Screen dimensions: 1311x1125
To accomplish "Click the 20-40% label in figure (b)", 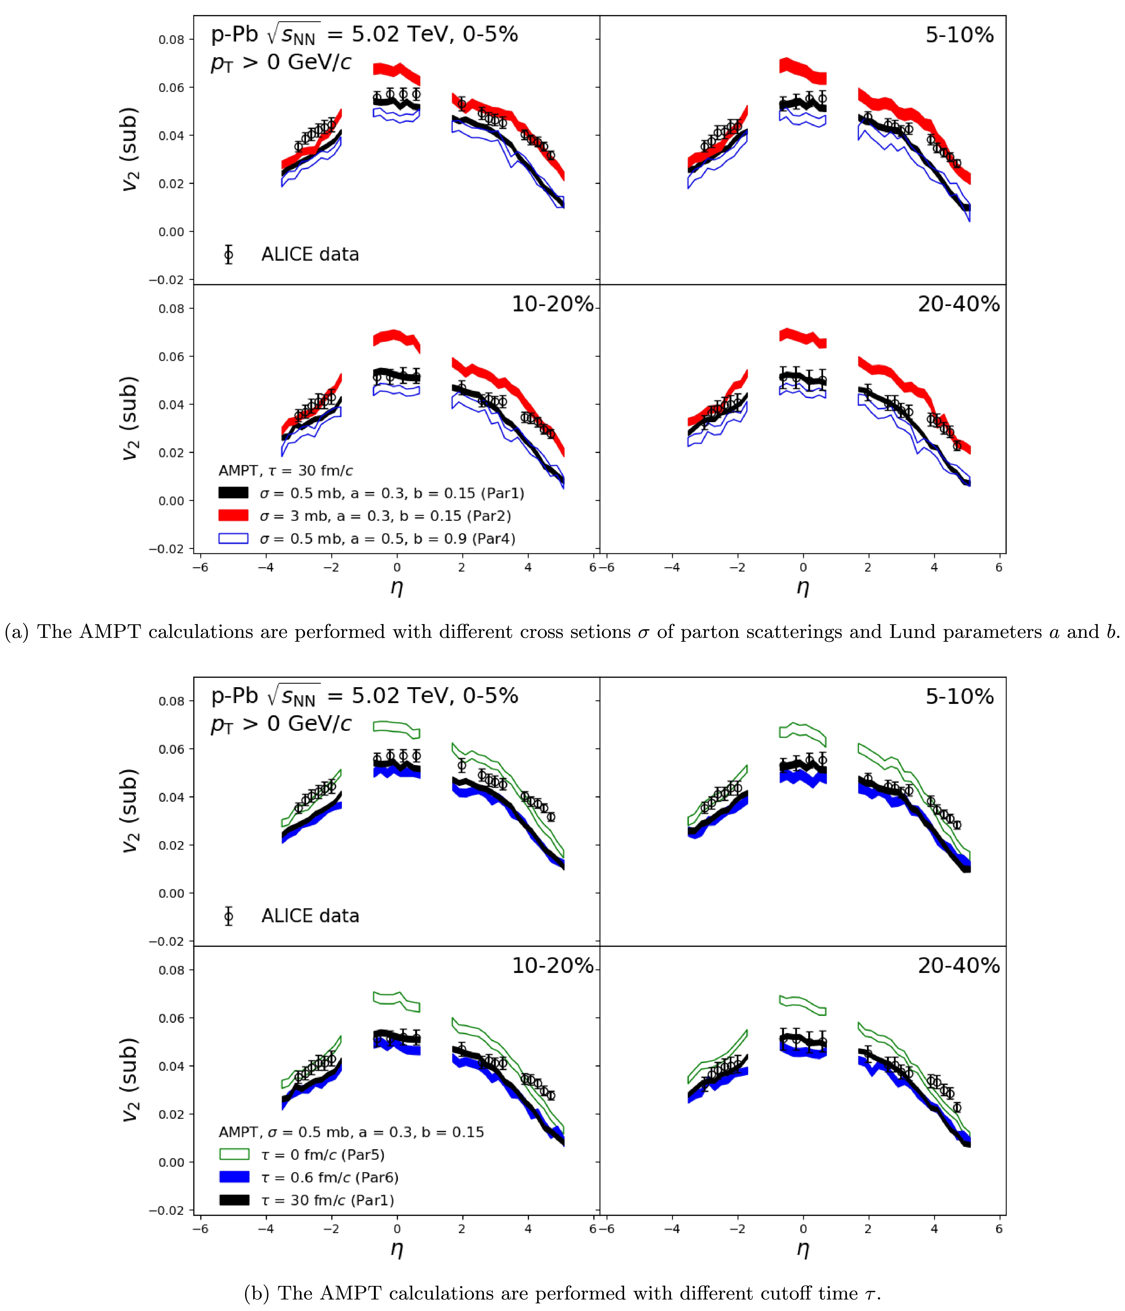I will (x=958, y=966).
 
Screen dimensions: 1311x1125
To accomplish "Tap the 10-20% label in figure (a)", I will (x=552, y=304).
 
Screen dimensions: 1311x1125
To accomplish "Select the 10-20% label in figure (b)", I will (x=552, y=966).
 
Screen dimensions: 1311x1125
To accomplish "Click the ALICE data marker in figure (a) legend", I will (x=228, y=254).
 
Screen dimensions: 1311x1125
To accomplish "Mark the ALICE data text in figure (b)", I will (x=310, y=916).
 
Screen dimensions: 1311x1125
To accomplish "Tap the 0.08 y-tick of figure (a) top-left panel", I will (x=171, y=40).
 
